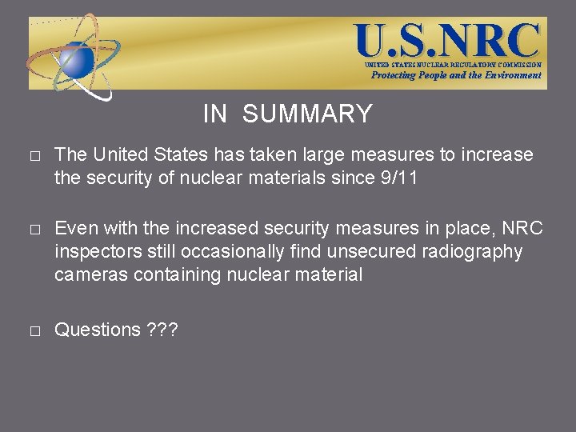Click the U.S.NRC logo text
pyautogui.click(x=448, y=40)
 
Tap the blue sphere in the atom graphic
pyautogui.click(x=78, y=58)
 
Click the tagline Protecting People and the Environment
pyautogui.click(x=456, y=75)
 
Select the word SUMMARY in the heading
pyautogui.click(x=307, y=114)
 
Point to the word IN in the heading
pyautogui.click(x=215, y=114)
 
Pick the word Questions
pyautogui.click(x=98, y=330)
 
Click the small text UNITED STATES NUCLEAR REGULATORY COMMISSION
pyautogui.click(x=453, y=65)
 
